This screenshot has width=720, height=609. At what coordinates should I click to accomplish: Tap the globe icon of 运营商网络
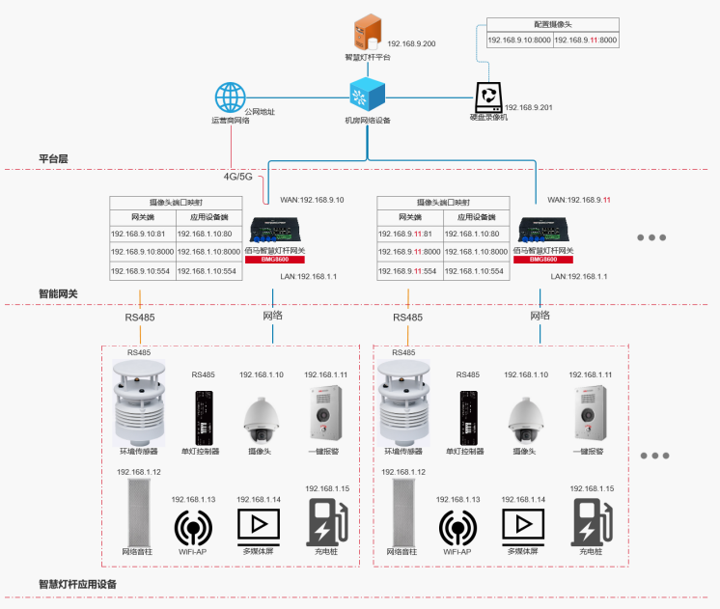point(231,98)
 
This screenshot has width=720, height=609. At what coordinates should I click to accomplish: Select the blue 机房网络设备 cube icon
point(368,96)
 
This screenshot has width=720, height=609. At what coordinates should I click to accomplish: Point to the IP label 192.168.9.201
point(528,107)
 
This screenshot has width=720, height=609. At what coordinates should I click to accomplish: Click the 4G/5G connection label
point(237,177)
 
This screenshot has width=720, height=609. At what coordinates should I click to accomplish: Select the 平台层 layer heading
point(53,157)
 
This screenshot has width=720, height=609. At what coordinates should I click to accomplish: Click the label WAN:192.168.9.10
point(311,200)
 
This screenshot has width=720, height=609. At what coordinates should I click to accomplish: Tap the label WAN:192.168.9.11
point(579,200)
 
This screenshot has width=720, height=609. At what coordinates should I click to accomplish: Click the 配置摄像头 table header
point(552,23)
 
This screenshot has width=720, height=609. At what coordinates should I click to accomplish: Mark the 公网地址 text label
point(260,112)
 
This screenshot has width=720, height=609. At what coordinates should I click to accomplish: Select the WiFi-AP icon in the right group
point(457,528)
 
